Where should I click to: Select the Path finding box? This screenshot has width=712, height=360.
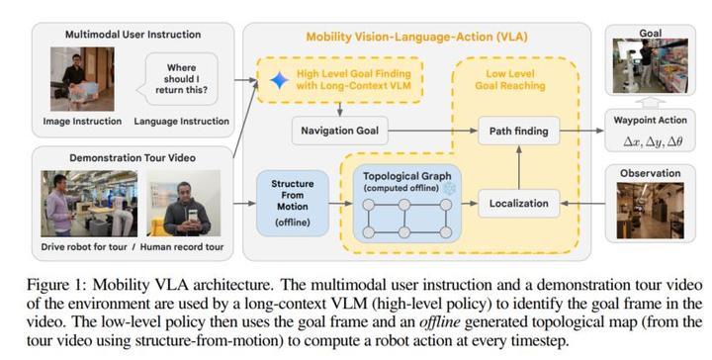click(x=518, y=130)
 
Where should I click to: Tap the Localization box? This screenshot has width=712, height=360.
click(x=518, y=204)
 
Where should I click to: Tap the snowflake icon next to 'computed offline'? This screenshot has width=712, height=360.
click(x=450, y=188)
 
